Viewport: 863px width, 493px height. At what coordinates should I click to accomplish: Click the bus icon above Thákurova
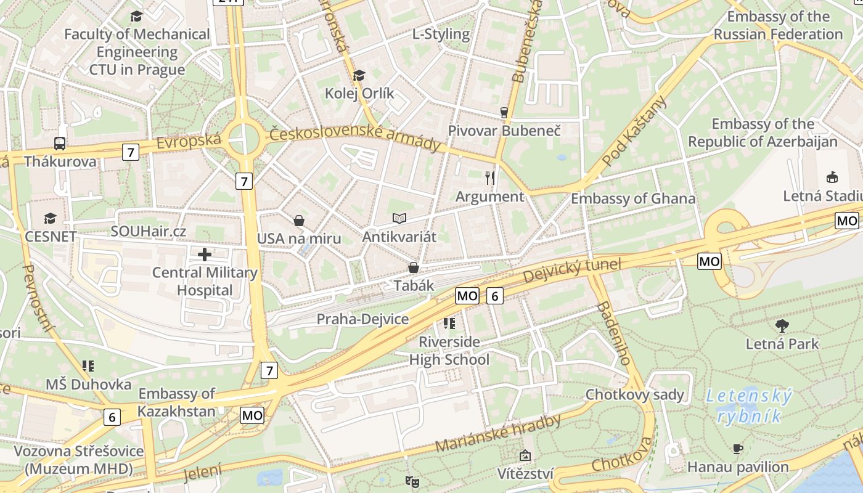coord(60,144)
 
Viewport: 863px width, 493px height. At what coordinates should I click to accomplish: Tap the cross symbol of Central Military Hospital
coord(205,254)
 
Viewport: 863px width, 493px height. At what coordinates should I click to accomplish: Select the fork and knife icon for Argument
coord(490,178)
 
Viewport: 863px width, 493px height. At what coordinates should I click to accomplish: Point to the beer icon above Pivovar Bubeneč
coord(504,112)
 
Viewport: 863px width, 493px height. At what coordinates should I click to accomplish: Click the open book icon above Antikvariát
coord(399,218)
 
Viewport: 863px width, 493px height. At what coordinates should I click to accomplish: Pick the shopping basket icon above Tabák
coord(414,267)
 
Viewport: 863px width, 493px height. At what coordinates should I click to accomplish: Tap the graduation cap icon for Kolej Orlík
coord(359,75)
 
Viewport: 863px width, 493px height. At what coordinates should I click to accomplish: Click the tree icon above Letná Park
coord(782,325)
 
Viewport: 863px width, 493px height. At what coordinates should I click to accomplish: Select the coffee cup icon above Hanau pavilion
coord(738,449)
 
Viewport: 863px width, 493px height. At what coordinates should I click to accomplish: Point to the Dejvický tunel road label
coord(571,271)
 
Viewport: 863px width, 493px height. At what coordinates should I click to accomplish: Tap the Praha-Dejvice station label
coord(362,319)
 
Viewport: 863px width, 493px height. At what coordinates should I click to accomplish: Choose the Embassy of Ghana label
coord(633,199)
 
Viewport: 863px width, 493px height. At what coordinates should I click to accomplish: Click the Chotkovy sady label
coord(635,394)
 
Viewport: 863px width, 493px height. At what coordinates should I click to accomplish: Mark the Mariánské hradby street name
coord(498,434)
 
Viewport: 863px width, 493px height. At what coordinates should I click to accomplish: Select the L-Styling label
coord(441,34)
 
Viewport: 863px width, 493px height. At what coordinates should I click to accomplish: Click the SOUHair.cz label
coord(148,231)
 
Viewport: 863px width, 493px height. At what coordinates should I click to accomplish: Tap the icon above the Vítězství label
coord(525,456)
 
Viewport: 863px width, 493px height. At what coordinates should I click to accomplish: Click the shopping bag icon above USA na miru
coord(299,220)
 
